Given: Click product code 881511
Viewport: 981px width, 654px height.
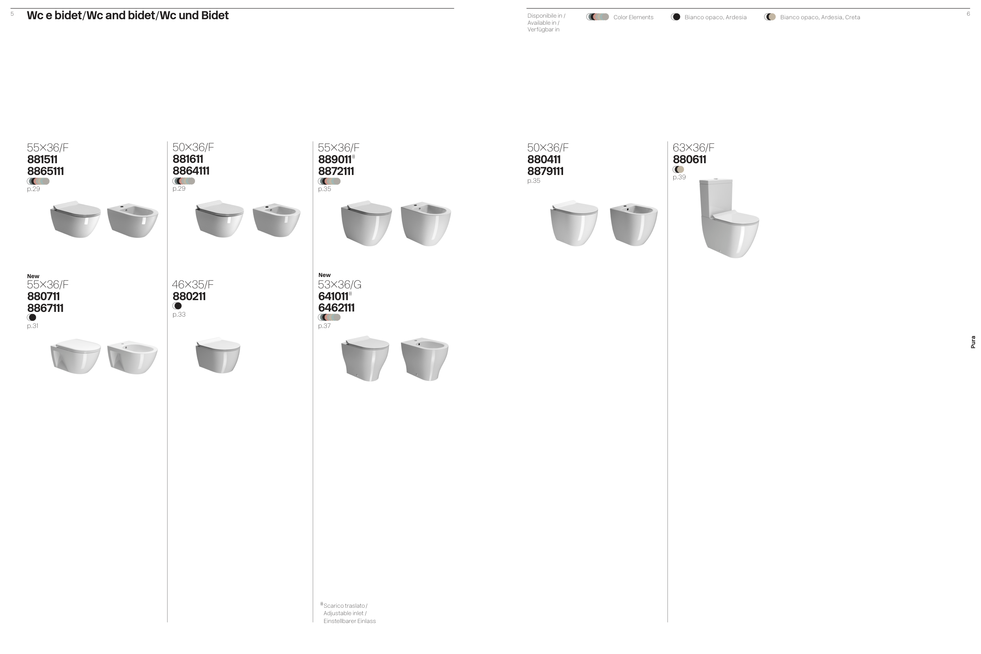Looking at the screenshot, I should [42, 160].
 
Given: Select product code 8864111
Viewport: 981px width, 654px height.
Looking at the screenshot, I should [191, 171].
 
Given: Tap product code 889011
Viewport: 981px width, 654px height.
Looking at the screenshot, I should [334, 160].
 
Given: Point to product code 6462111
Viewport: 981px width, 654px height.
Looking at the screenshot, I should [336, 308].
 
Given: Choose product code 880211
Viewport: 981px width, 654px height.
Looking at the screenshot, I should [189, 297].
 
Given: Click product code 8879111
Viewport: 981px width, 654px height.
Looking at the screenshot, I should [545, 171].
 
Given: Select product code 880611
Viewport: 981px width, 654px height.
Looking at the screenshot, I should [689, 160].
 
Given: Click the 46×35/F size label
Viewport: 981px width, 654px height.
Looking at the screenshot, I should [193, 285].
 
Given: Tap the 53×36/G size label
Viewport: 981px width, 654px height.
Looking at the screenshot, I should [339, 285].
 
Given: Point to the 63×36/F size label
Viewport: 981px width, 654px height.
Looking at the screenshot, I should [693, 148].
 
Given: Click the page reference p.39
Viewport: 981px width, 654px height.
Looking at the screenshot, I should [679, 177].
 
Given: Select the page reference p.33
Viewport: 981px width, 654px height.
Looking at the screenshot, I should [179, 315].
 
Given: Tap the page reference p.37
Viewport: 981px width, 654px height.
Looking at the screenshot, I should [324, 326].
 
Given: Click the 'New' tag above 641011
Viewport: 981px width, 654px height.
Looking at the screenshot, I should [324, 275].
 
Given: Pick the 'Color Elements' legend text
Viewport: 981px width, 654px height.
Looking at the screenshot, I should [633, 18].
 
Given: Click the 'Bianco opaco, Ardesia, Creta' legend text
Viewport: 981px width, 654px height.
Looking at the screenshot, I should [820, 18].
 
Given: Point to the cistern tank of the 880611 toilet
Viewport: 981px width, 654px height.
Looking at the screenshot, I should [716, 196].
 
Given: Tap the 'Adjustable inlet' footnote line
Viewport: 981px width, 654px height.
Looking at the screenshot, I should [345, 613].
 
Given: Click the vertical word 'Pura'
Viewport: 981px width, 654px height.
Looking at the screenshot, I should [973, 342].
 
